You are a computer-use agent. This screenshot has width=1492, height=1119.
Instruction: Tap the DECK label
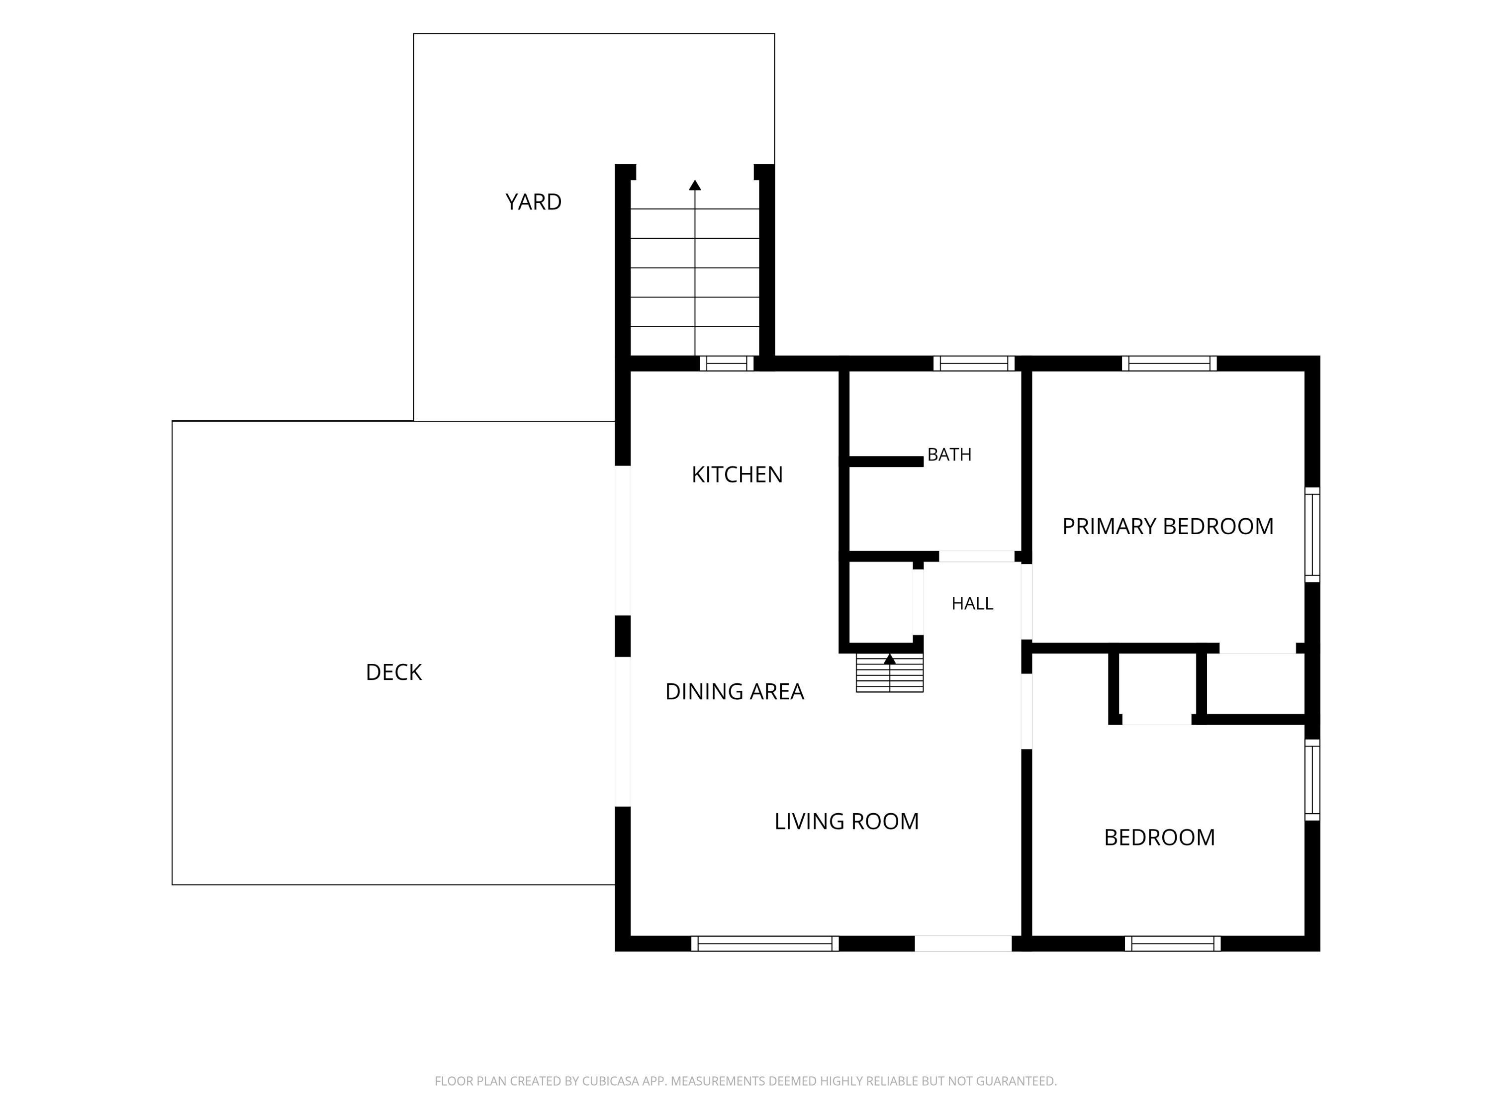pyautogui.click(x=393, y=672)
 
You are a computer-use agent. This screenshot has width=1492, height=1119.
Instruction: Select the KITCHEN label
pyautogui.click(x=737, y=475)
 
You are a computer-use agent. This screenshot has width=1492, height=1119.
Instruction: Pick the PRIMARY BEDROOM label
pyautogui.click(x=1168, y=526)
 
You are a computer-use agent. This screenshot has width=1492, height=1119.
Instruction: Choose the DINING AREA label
pyautogui.click(x=734, y=691)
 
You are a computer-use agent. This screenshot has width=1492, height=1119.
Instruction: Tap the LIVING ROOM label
pyautogui.click(x=846, y=821)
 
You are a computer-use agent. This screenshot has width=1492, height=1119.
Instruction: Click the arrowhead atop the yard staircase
pyautogui.click(x=695, y=185)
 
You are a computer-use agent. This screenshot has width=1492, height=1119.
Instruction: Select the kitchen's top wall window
pyautogui.click(x=727, y=364)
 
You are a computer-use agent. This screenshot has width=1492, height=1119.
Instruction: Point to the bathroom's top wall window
pyautogui.click(x=974, y=364)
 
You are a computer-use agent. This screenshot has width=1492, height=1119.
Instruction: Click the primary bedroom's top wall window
pyautogui.click(x=1169, y=364)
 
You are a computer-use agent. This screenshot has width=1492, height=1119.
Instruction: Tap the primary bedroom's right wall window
pyautogui.click(x=1312, y=534)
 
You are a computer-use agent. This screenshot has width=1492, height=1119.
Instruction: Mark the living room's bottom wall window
pyautogui.click(x=765, y=943)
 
